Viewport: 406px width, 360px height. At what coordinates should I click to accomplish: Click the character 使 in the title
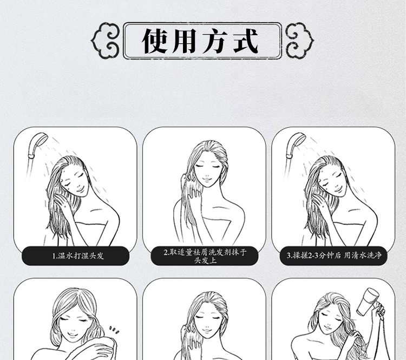[154, 41]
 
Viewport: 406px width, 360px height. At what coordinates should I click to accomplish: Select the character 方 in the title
[215, 41]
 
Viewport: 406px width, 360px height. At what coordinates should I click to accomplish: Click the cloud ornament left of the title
[106, 41]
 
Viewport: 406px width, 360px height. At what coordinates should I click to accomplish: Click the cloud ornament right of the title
[299, 41]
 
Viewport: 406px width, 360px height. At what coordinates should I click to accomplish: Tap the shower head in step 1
[37, 145]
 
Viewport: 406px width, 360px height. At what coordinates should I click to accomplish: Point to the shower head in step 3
[295, 145]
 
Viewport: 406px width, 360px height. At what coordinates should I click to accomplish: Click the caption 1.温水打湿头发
[78, 256]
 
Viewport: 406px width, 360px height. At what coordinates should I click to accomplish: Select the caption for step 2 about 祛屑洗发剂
[205, 256]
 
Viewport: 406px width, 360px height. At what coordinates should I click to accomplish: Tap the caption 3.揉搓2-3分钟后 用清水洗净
[334, 256]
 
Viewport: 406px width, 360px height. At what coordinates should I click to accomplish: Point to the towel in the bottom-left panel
[86, 348]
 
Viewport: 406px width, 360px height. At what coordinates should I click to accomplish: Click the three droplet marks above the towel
[114, 330]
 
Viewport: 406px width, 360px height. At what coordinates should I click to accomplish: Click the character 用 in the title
[185, 41]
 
